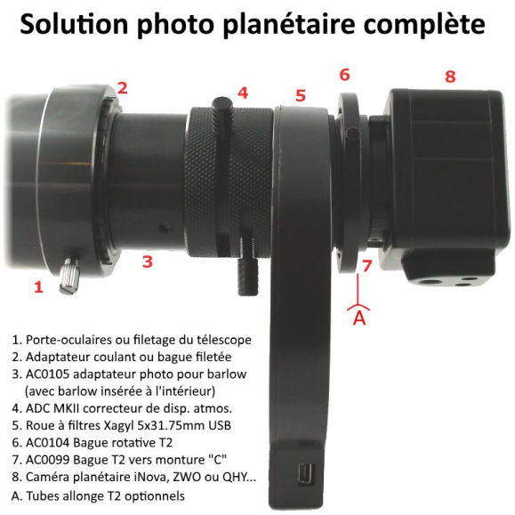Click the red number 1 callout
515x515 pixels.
point(37,286)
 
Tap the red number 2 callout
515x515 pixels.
point(122,87)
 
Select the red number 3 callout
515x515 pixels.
point(148,262)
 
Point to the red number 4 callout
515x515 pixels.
point(242,92)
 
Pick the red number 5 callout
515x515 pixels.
point(301,95)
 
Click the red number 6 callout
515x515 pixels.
point(344,74)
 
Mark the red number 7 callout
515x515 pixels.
point(366,265)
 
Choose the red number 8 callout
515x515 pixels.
point(449,76)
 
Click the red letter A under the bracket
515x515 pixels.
point(359,318)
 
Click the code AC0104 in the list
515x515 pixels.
point(52,442)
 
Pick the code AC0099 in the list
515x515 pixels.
point(52,460)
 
